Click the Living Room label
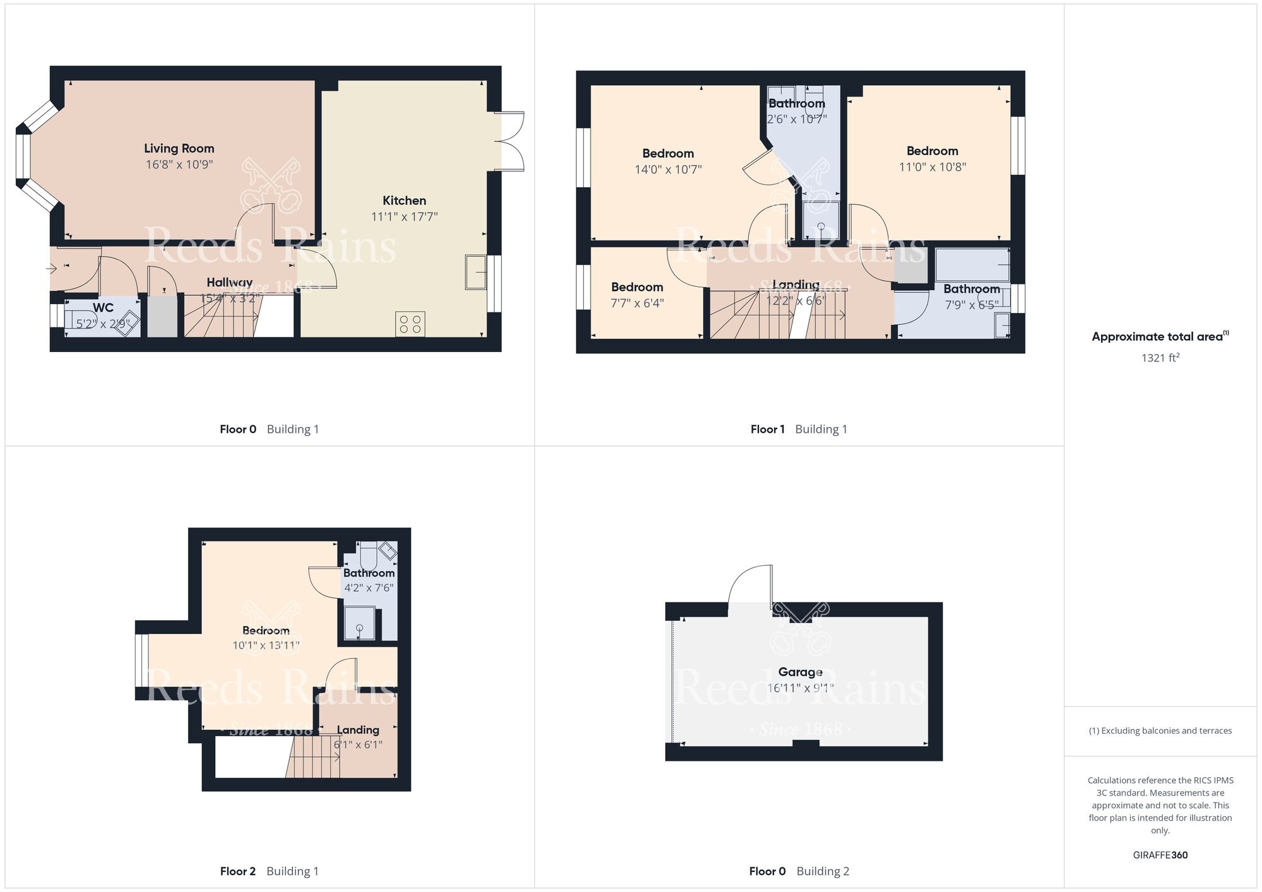point(179,148)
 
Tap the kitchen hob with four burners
point(410,324)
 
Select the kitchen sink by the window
point(476,272)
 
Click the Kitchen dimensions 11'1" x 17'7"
point(404,216)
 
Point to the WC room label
point(103,308)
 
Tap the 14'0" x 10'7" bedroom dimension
point(668,169)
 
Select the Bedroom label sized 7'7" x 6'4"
point(637,287)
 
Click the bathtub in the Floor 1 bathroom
point(972,265)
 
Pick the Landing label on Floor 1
point(796,285)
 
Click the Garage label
point(800,672)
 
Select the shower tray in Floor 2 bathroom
point(359,623)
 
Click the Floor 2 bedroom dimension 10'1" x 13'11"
point(266,645)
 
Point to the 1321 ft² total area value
point(1160,358)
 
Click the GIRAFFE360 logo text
point(1160,855)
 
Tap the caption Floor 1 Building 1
point(798,429)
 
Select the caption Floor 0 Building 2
point(799,871)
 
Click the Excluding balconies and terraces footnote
point(1160,731)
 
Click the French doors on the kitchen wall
point(510,141)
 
